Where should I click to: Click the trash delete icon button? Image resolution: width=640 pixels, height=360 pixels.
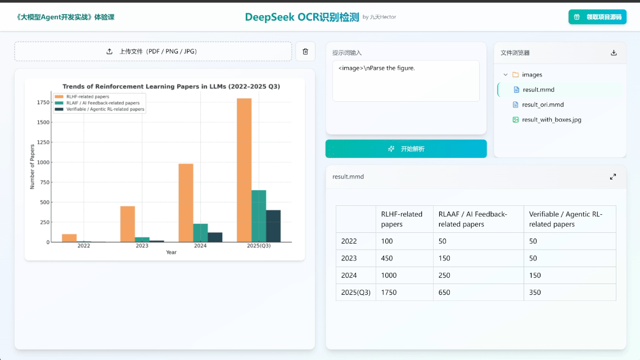305,51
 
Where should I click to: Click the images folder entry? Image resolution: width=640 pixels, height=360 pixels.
531,75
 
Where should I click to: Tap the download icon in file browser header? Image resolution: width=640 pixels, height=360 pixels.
614,53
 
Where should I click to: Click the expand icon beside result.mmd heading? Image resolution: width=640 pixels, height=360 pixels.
613,177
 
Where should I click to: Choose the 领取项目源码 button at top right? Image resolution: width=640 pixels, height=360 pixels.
597,17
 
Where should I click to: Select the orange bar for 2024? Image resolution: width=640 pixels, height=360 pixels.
186,202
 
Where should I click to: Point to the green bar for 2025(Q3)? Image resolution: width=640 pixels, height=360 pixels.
259,216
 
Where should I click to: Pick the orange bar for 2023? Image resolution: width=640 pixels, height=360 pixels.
128,224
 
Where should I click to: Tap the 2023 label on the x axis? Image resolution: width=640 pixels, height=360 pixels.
142,246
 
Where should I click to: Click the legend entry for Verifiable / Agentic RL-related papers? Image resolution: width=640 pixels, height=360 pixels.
105,109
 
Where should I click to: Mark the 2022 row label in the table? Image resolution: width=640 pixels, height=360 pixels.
349,241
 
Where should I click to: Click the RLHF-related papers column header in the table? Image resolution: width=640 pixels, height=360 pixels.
402,219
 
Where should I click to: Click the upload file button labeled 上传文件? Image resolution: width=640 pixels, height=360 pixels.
153,51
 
